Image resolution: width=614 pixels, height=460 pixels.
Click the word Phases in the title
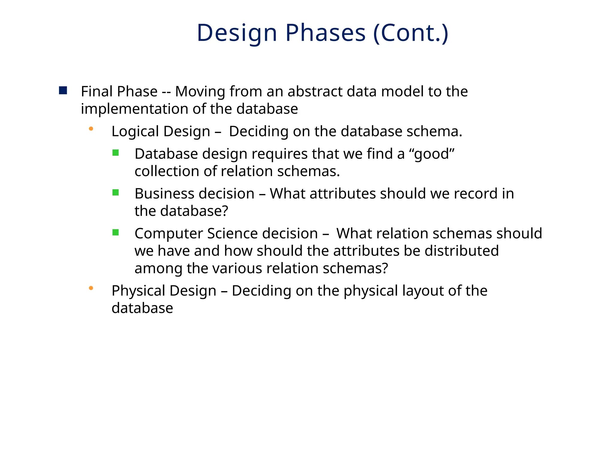click(x=325, y=33)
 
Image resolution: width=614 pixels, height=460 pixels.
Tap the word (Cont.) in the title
click(x=411, y=33)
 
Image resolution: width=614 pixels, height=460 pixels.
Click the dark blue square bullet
click(x=63, y=90)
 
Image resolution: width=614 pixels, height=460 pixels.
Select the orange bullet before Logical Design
click(x=91, y=129)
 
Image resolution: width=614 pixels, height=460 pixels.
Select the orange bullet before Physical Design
click(x=91, y=288)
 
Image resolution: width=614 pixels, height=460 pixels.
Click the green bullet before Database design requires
click(x=116, y=153)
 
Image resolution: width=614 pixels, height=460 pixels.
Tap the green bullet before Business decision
click(x=116, y=193)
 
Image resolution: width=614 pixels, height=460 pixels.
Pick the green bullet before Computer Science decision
click(x=116, y=232)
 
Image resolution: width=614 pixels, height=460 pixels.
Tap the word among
click(x=158, y=268)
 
